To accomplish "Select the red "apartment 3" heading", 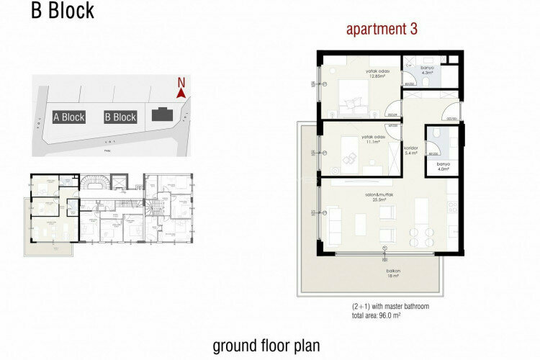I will tap(382, 30).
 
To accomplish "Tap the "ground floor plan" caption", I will tap(266, 346).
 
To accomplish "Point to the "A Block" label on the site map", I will tap(69, 117).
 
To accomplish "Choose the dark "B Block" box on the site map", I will tap(120, 117).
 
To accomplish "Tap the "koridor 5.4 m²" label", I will tap(412, 150).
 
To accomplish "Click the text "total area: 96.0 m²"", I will tap(375, 315).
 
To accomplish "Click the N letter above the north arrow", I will tap(181, 81).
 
